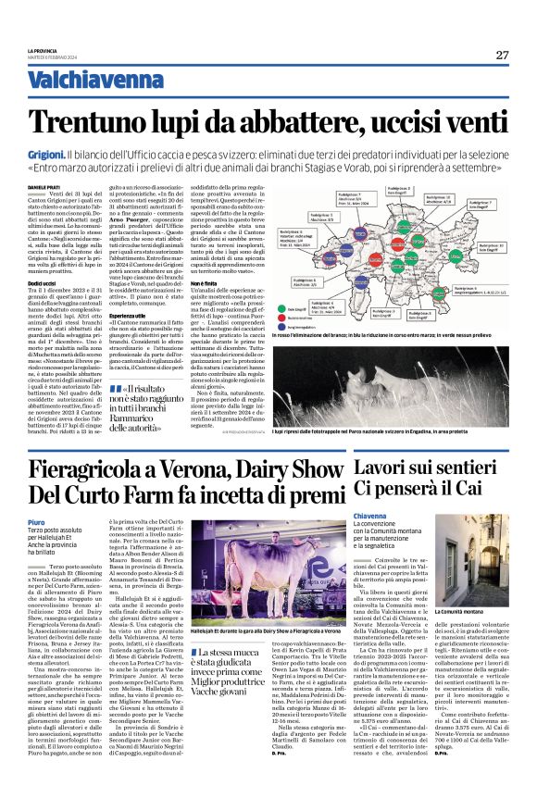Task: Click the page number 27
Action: (502, 55)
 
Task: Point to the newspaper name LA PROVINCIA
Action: (43, 50)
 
